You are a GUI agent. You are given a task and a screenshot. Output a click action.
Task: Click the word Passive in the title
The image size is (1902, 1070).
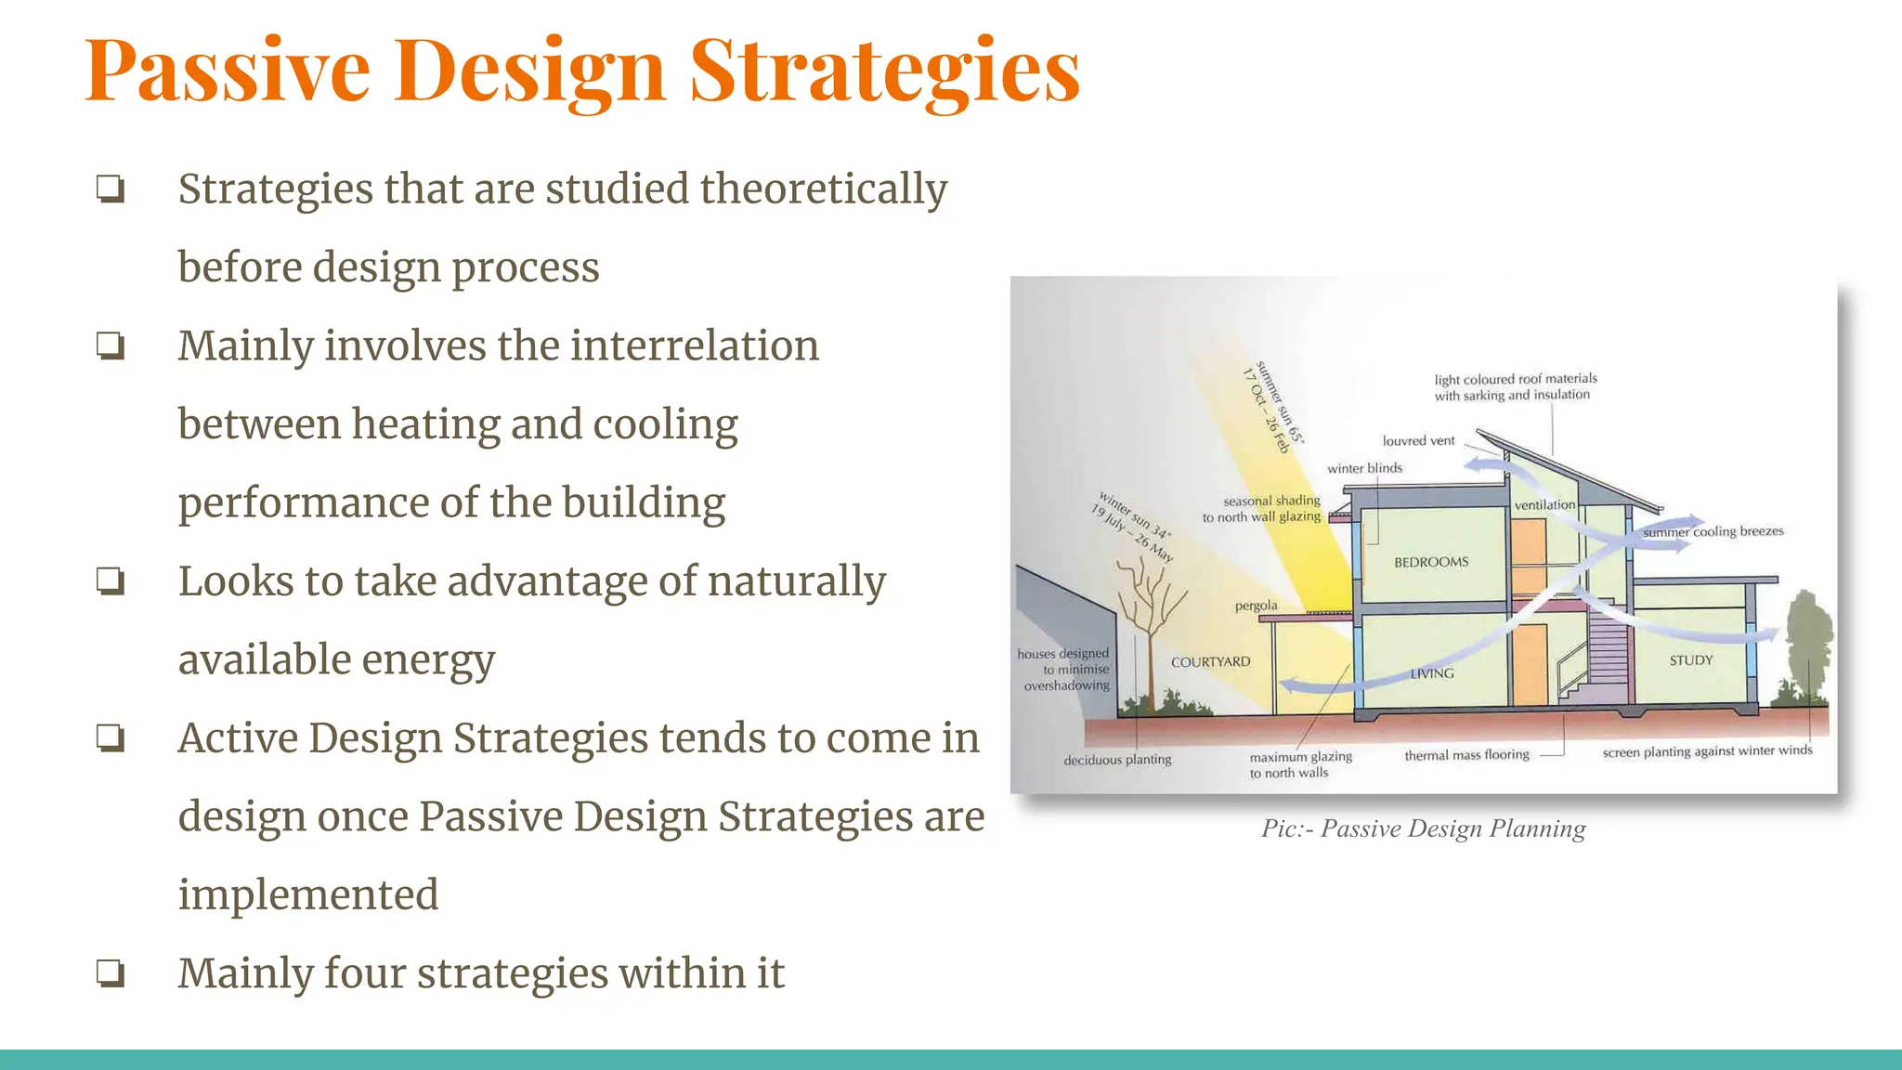(228, 72)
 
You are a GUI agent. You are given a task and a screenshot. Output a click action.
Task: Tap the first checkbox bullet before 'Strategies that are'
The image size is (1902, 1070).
(111, 189)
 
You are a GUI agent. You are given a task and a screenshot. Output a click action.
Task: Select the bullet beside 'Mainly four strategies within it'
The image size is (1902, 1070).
(111, 973)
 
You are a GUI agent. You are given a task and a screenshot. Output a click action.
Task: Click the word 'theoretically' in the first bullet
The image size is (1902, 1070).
(823, 189)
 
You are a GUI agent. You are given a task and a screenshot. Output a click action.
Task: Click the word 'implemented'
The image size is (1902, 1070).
(307, 894)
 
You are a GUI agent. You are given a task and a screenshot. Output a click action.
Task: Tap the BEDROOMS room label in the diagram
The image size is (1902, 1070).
(1431, 562)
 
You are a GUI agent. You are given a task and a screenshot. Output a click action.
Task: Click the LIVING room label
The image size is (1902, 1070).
(1432, 673)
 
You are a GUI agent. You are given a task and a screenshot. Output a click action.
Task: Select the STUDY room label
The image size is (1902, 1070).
(1690, 660)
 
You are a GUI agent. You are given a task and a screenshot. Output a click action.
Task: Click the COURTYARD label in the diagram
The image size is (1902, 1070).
(1210, 662)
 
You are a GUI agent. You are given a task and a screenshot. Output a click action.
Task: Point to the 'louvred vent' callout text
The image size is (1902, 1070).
(1418, 441)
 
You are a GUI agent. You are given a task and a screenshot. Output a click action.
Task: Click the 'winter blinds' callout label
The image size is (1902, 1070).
(1364, 468)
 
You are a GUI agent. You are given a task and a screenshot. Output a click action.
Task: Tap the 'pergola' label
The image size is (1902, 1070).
(1256, 606)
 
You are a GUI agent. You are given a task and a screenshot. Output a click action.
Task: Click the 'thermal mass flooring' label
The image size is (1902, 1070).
(1466, 755)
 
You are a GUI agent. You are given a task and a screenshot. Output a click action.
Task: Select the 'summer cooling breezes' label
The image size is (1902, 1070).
(1713, 531)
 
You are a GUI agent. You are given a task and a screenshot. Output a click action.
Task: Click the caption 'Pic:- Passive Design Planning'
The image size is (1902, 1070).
(1423, 829)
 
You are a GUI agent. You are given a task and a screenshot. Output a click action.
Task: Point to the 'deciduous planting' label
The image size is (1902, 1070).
(1117, 760)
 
